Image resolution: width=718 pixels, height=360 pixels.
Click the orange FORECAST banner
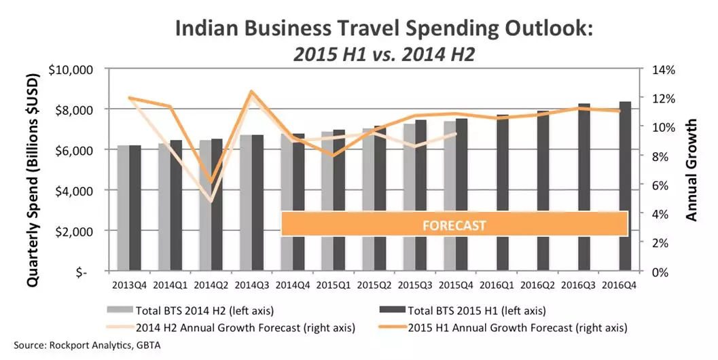[x=453, y=224]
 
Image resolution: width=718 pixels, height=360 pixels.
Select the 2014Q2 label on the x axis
[x=210, y=284]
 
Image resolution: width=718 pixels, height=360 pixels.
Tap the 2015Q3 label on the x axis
[x=414, y=284]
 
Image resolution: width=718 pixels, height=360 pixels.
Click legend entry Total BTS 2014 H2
[x=204, y=312]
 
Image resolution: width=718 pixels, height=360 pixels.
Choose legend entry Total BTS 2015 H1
[x=475, y=312]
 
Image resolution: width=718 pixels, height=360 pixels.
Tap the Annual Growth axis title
[x=692, y=170]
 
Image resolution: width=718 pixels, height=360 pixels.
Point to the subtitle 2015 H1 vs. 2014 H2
[x=382, y=54]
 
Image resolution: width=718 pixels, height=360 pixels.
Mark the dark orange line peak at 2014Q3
[x=251, y=91]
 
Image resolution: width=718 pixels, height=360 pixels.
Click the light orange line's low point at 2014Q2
[x=211, y=201]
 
